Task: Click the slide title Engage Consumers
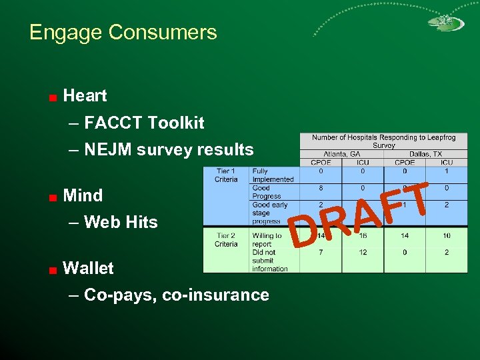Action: (x=123, y=32)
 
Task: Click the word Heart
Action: (x=85, y=95)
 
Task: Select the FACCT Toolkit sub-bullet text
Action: (x=144, y=123)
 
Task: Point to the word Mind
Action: (x=83, y=195)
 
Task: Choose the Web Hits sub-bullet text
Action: (x=121, y=222)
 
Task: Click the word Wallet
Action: (x=88, y=268)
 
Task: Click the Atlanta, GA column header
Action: (x=341, y=154)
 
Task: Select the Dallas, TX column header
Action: (x=425, y=154)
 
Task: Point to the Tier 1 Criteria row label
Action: (x=226, y=175)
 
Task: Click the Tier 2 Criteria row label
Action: (x=226, y=240)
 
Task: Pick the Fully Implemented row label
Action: (x=273, y=175)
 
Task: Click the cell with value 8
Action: (x=321, y=189)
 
